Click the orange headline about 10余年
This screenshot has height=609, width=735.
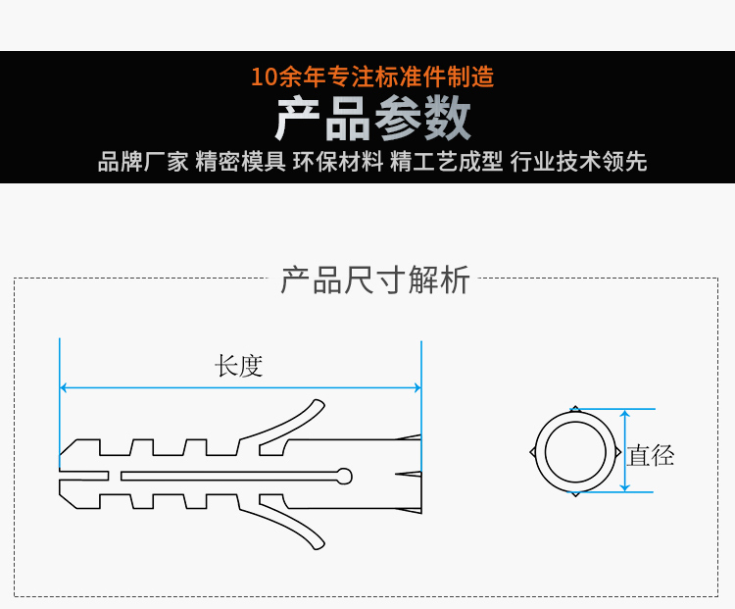pos(372,76)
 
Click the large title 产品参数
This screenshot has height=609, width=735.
pos(372,119)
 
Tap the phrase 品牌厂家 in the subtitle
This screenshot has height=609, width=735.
pos(143,162)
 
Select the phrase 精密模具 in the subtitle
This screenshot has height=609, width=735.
pos(240,162)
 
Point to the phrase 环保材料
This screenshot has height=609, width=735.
pos(338,162)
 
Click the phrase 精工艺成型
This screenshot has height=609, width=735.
pos(447,162)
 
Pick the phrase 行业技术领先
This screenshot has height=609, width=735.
pos(579,162)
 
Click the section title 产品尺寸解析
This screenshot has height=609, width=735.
pos(375,280)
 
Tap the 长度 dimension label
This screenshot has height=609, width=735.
pos(238,366)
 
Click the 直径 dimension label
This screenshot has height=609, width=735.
pos(651,456)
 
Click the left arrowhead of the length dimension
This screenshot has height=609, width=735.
pos(63,387)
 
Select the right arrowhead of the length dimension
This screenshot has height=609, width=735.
pos(418,387)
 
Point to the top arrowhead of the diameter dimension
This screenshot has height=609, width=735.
pos(625,412)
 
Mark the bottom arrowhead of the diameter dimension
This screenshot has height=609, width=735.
pos(625,489)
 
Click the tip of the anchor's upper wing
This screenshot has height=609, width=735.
pos(319,403)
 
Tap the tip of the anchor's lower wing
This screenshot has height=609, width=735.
pos(319,545)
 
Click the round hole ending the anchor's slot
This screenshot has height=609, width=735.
pos(345,476)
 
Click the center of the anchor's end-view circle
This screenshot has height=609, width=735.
pos(575,452)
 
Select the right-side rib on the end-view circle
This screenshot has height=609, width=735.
pos(617,452)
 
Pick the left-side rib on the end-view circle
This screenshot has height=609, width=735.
pos(532,452)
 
